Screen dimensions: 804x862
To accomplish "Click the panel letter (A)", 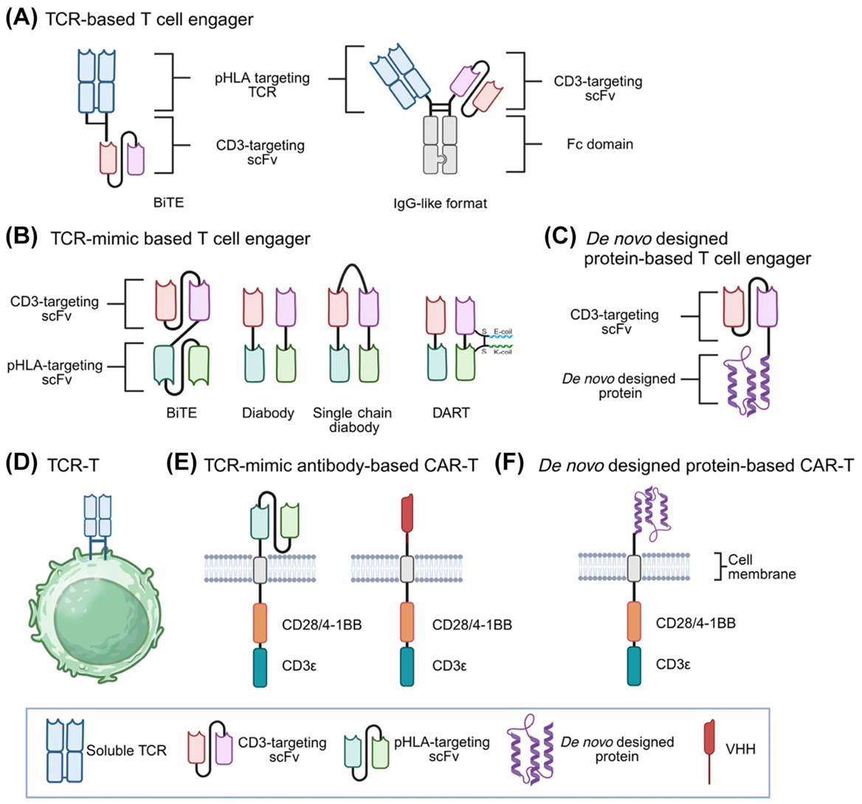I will point(21,18).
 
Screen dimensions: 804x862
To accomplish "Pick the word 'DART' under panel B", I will point(451,413).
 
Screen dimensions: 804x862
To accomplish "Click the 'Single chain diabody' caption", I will point(352,420).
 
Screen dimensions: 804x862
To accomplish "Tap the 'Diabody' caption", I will point(267,413).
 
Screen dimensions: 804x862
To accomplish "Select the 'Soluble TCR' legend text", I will point(126,751).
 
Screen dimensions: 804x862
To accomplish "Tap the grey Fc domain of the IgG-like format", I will point(439,145).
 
